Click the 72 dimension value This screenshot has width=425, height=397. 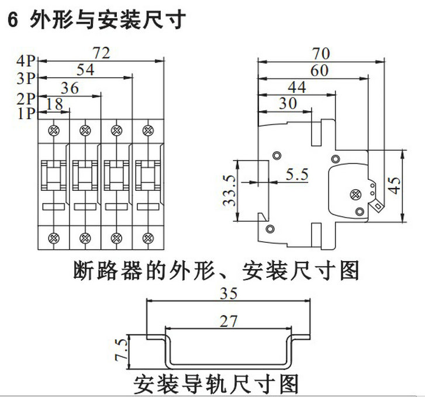101,53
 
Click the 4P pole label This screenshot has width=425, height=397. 27,60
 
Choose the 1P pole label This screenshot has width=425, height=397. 27,113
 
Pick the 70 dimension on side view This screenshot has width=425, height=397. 321,54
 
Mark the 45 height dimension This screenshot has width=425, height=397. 395,186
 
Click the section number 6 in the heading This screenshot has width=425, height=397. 11,20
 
